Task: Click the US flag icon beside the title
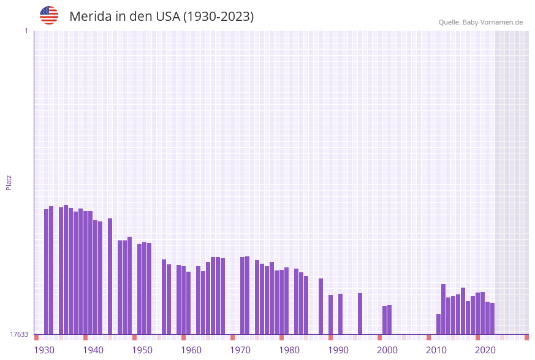(x=49, y=15)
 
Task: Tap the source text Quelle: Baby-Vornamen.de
(x=480, y=22)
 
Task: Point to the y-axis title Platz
(x=9, y=182)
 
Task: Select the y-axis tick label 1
(x=26, y=31)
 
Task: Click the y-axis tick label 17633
(x=19, y=334)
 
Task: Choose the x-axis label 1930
(x=44, y=350)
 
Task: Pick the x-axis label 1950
(x=142, y=350)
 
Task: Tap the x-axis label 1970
(x=240, y=350)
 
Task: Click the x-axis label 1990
(x=338, y=350)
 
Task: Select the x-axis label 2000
(x=387, y=350)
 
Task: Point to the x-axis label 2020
(x=485, y=350)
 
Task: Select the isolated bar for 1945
(x=110, y=276)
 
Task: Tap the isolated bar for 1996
(x=360, y=313)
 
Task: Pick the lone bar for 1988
(x=321, y=306)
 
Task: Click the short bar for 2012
(x=439, y=324)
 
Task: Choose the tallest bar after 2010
(x=444, y=309)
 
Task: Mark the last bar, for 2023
(x=493, y=318)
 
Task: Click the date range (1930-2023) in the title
(x=218, y=17)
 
